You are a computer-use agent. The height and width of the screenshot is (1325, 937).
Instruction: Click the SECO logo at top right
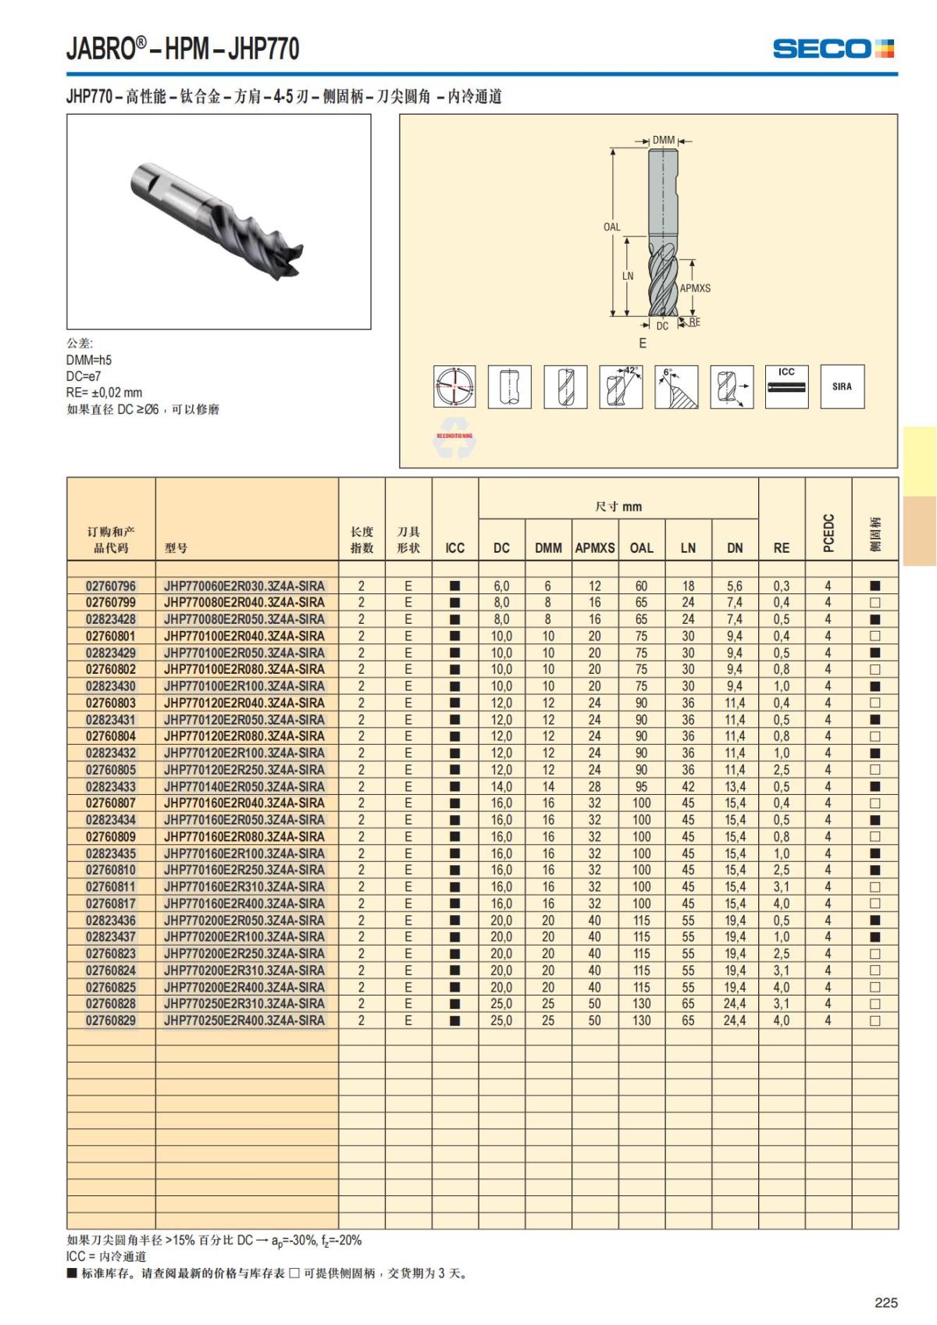click(832, 48)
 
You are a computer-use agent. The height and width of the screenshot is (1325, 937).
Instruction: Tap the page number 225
click(885, 1302)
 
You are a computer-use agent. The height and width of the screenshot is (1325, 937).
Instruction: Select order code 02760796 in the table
click(111, 586)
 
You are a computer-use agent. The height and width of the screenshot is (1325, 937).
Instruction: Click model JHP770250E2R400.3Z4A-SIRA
click(244, 1020)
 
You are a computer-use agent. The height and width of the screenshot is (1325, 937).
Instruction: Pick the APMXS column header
click(595, 548)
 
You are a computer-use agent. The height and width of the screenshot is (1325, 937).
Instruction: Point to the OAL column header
click(641, 548)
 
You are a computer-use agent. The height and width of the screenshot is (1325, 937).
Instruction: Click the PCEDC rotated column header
click(828, 532)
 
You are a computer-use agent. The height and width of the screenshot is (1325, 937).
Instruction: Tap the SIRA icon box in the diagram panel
click(842, 386)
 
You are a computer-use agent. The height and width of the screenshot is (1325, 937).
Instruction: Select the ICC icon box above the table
click(786, 386)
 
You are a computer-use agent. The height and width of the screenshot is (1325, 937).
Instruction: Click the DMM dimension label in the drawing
click(664, 141)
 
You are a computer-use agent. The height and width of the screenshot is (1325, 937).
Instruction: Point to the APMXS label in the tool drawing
click(695, 288)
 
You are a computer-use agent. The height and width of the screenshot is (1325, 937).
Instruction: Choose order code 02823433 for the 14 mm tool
click(111, 786)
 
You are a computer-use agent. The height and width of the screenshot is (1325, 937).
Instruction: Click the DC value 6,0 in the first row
click(501, 586)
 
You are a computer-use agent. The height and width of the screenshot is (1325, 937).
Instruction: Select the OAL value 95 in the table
click(641, 786)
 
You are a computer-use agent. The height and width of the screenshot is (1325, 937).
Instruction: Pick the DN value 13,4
click(734, 786)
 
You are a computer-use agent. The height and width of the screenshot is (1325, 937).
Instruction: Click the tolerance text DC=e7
click(84, 376)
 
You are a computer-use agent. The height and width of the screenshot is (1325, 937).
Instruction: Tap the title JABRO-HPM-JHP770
click(183, 48)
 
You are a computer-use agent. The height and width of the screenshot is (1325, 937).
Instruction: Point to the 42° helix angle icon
click(621, 386)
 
